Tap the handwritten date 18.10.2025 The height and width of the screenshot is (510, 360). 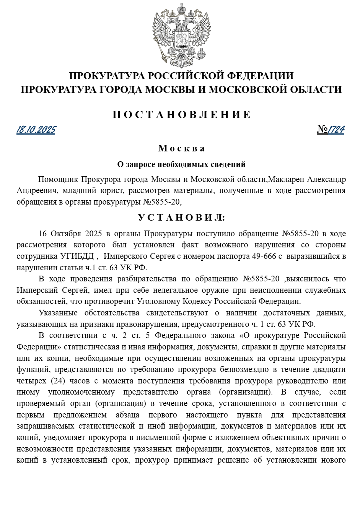point(36,130)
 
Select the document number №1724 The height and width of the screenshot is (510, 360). point(331,130)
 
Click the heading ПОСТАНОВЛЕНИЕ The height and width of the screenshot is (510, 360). point(181,115)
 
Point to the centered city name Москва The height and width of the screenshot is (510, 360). point(181,148)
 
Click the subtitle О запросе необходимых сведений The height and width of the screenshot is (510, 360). point(181,165)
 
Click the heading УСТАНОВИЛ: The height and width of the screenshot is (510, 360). point(181,218)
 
